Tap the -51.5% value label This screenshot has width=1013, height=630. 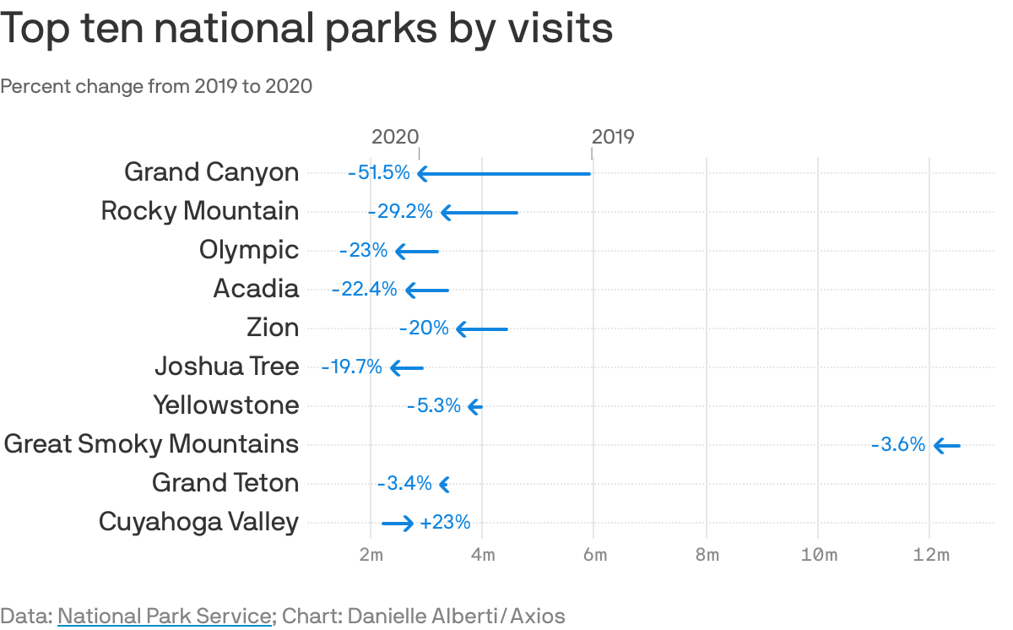coord(378,173)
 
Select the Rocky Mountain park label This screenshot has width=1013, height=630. coord(200,211)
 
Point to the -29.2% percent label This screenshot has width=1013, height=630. coord(400,212)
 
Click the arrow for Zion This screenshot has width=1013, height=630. coord(482,329)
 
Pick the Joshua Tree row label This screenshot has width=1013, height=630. coord(226,367)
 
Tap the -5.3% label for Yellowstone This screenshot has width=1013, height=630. coord(434,406)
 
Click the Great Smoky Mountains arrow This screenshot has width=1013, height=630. coord(946,445)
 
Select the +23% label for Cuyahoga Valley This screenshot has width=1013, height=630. coord(445,523)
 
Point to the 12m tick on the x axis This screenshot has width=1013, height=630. coord(930,555)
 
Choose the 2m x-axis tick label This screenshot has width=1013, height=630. coord(371,555)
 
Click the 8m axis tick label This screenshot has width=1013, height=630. coord(707,555)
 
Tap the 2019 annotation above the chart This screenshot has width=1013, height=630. coord(613,137)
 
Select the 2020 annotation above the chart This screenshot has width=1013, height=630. coord(395,137)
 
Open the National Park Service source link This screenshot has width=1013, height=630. coord(165,616)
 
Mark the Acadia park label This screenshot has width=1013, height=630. coord(256,289)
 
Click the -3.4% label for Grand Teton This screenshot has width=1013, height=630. coord(404,484)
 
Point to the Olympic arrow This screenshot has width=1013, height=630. coord(417,251)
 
